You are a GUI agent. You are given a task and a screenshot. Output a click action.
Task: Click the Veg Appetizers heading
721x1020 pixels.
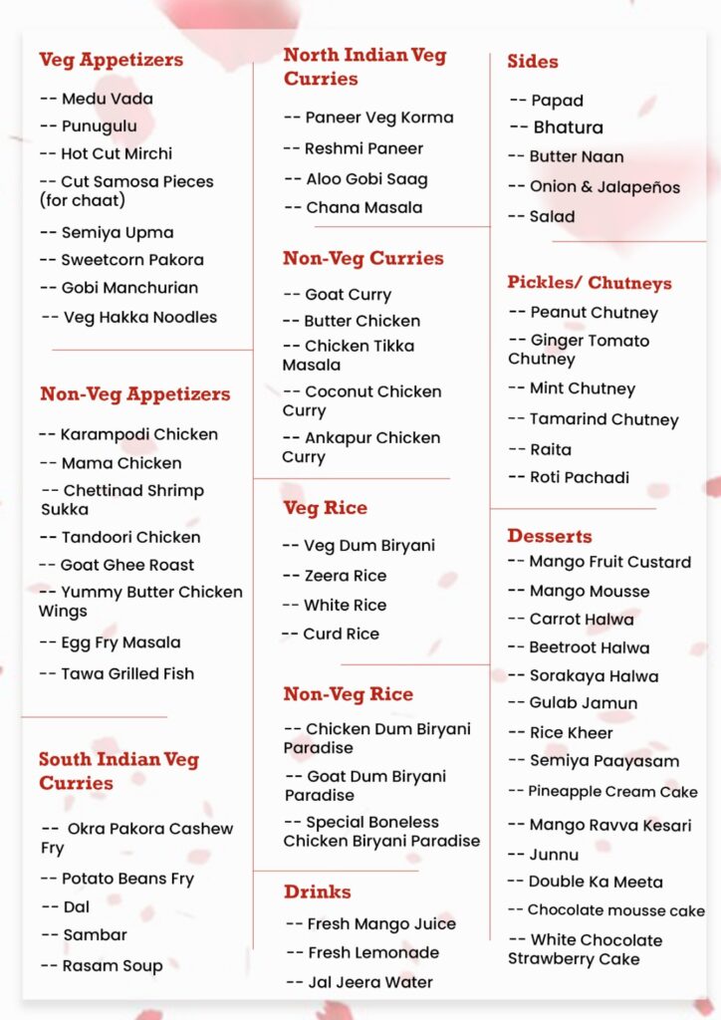111,60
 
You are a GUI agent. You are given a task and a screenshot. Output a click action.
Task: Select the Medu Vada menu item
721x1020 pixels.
107,99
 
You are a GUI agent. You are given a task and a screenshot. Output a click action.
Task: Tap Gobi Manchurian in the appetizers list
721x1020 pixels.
129,288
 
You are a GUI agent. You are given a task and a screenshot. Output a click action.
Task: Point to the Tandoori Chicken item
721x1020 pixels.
130,537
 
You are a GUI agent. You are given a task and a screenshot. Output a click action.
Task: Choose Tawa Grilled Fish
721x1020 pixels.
127,673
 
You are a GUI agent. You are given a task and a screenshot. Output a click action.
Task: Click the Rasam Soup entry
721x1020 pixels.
113,964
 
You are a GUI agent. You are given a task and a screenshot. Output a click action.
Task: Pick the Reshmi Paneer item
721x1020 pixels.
363,148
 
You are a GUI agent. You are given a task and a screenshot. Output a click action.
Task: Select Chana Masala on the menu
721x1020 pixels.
363,207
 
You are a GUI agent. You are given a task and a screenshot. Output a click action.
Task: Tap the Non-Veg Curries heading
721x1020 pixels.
362,258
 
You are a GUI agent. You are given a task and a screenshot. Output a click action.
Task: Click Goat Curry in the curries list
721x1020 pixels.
348,295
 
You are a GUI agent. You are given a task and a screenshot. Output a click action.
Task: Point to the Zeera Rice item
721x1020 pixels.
345,576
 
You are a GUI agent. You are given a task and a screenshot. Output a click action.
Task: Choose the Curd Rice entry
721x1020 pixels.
341,634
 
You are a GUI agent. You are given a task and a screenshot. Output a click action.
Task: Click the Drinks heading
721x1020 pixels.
317,892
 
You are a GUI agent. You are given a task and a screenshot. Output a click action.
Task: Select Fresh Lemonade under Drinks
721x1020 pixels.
372,952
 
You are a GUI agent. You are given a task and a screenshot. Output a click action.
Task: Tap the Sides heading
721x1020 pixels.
532,62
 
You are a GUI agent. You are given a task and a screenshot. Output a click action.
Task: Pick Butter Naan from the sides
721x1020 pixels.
577,156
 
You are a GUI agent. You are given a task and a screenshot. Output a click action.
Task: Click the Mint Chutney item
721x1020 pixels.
582,388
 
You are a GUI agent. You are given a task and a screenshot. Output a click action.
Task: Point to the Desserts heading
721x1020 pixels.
549,536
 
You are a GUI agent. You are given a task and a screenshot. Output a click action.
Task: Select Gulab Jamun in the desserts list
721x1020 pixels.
583,702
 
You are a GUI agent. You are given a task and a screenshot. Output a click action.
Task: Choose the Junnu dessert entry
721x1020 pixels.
554,854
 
